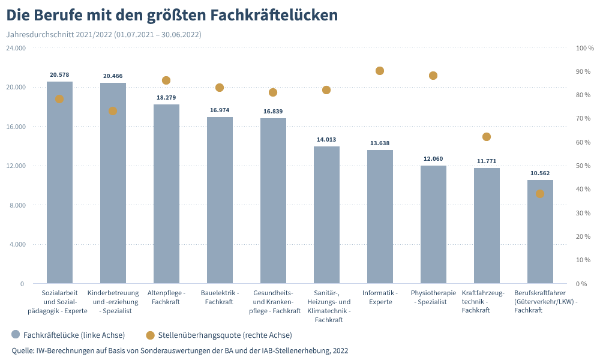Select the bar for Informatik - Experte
pos(380,216)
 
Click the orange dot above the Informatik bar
pos(380,71)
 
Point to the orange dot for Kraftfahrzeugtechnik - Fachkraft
pos(487,137)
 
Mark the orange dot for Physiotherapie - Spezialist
pos(433,76)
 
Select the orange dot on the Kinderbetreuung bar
pos(113,111)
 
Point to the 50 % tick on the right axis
pos(584,166)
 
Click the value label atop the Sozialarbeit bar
pos(59,75)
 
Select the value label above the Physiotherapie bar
pos(433,159)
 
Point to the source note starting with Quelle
pos(180,350)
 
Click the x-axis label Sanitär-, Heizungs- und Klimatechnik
pos(329,306)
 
